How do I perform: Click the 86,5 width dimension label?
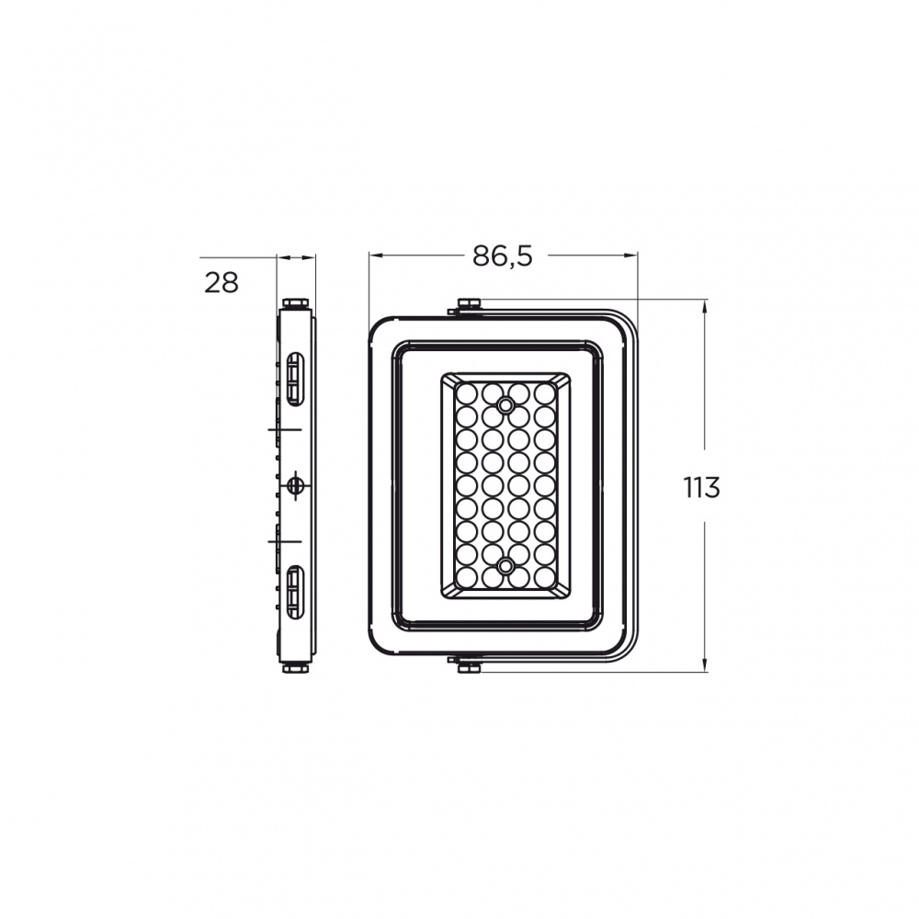point(503,255)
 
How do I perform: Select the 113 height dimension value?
point(701,487)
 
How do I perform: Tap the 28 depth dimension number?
point(221,283)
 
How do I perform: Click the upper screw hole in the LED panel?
point(505,404)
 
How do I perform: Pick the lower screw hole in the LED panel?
point(505,565)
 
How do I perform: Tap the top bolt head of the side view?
point(297,303)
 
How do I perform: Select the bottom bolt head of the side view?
point(297,667)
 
